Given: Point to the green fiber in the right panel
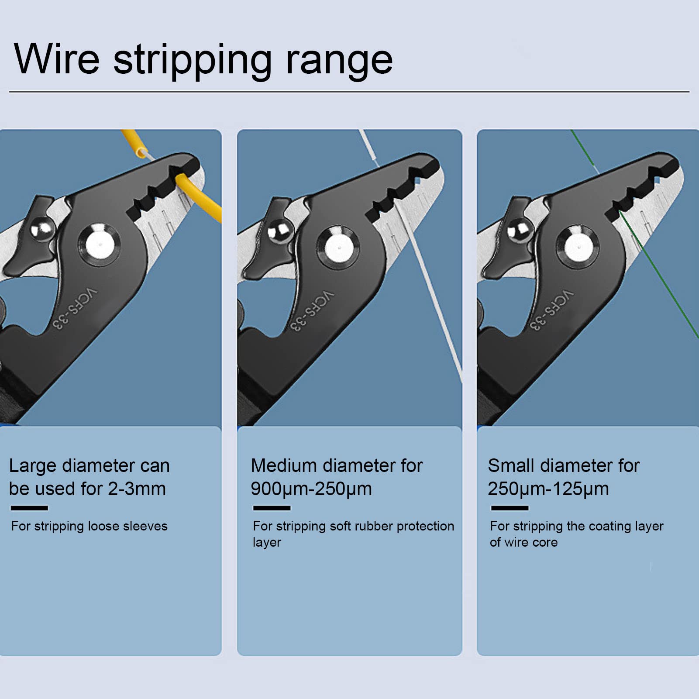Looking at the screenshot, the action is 637,236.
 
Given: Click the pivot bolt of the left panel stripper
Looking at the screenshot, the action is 100,244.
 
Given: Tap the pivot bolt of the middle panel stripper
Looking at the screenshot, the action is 339,247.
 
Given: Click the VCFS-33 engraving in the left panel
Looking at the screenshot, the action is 75,308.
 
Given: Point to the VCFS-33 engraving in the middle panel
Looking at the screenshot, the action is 312,310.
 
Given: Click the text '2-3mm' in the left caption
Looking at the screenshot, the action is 137,489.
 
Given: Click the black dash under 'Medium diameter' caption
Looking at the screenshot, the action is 272,508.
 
